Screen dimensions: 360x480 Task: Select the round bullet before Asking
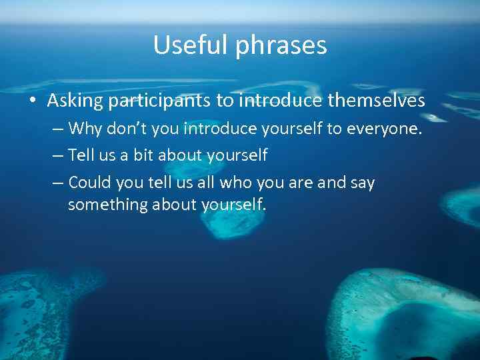click(33, 101)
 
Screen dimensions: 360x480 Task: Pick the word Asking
click(75, 101)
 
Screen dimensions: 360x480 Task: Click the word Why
click(84, 128)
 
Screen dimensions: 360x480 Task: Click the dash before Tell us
click(58, 156)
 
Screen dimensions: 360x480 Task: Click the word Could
click(89, 182)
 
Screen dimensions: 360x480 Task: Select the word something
click(108, 205)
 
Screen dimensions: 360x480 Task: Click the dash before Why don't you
click(58, 129)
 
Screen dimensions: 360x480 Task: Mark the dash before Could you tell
click(58, 183)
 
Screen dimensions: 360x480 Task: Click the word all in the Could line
click(204, 182)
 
